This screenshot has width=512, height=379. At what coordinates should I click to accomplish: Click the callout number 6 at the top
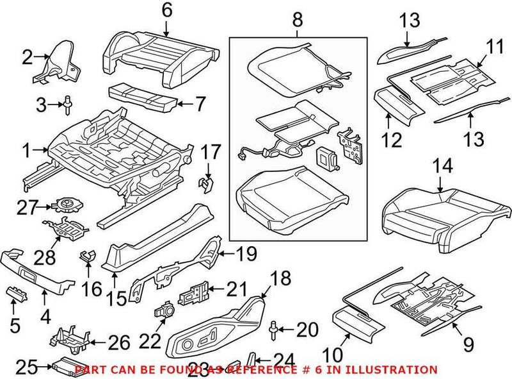coord(166,10)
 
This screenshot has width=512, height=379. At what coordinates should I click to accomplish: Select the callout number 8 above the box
coord(297,19)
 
